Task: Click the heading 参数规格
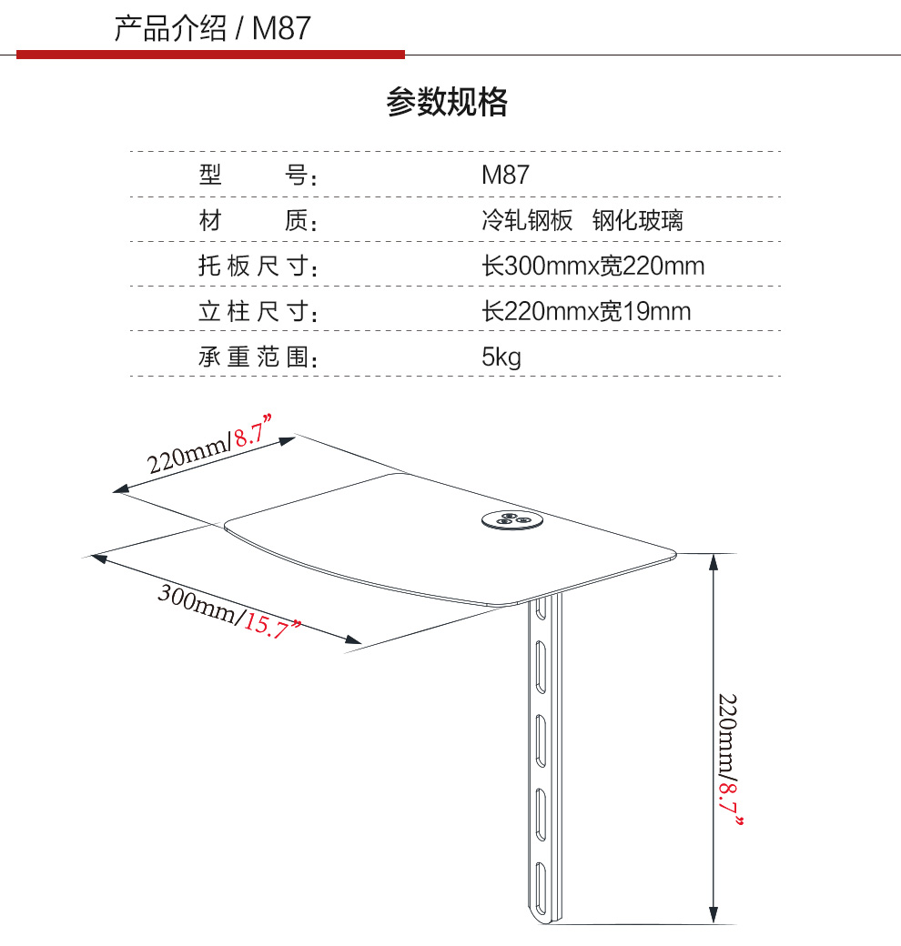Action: [x=447, y=103]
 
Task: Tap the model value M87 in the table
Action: [x=504, y=175]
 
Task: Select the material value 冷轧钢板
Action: [x=527, y=220]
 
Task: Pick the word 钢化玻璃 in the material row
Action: [x=637, y=220]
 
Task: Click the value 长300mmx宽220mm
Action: [x=592, y=267]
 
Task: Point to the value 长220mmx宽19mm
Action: [x=586, y=312]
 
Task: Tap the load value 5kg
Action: [x=501, y=357]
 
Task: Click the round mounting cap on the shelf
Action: [x=511, y=519]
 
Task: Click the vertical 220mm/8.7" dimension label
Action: [x=729, y=760]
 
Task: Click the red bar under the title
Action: [x=210, y=55]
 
